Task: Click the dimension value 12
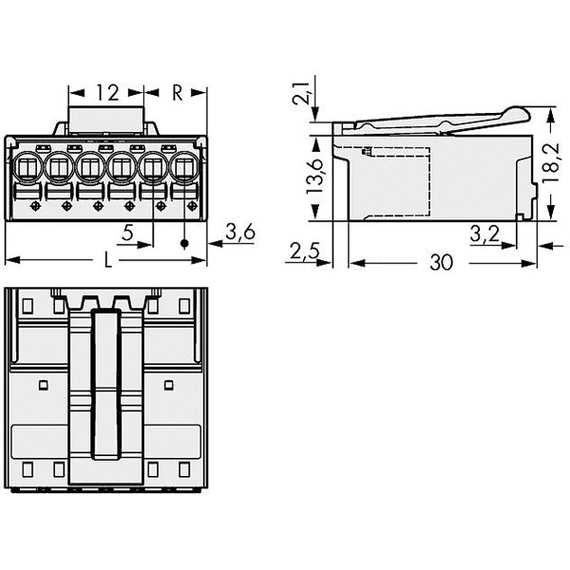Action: click(x=107, y=93)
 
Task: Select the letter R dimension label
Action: click(x=177, y=93)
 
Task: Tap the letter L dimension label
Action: click(x=107, y=260)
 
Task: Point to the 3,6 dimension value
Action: click(x=240, y=232)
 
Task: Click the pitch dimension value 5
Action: click(x=127, y=233)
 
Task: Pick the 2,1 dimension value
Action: click(x=301, y=93)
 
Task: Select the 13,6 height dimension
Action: click(x=314, y=177)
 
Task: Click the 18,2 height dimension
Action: click(x=551, y=162)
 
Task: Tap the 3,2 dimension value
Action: click(x=484, y=234)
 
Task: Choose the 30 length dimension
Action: click(x=442, y=262)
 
